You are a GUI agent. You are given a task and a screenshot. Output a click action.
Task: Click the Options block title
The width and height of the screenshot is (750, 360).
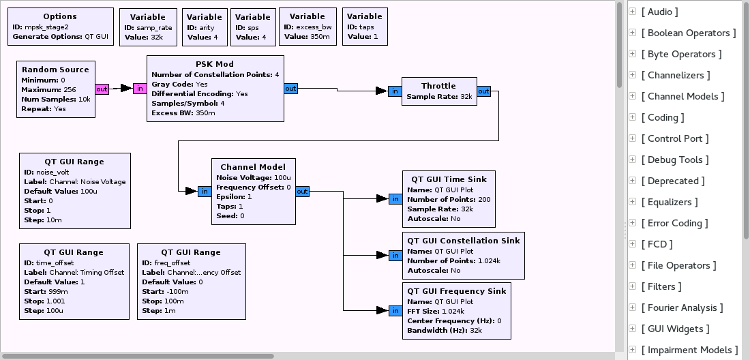coord(60,16)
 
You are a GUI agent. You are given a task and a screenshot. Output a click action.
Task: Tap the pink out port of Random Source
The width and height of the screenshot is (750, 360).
coord(102,89)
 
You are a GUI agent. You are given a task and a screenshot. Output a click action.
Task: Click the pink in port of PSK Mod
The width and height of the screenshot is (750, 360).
coord(139,89)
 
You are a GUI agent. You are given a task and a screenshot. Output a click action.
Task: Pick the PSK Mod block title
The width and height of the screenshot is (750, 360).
coord(215,65)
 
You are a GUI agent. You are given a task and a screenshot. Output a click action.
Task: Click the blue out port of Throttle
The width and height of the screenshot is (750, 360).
coord(483,91)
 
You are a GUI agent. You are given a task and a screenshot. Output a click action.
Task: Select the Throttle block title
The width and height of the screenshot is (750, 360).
coord(438,86)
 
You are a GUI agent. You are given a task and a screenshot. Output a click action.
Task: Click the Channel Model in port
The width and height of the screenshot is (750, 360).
coord(204,192)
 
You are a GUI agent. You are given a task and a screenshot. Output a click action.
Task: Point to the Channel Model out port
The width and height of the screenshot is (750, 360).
coord(302,192)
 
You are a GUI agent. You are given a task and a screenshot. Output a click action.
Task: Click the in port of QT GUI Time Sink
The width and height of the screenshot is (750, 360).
coord(395,199)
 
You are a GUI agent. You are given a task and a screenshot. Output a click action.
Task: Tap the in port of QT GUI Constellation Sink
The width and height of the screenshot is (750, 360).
coord(395,255)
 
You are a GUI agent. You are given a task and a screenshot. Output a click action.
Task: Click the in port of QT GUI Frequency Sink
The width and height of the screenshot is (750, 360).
coord(395,311)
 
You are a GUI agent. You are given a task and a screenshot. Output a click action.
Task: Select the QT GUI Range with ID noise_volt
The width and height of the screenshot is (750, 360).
coord(74,190)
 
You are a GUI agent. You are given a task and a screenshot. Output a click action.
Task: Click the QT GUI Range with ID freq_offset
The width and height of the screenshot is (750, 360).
coord(191,281)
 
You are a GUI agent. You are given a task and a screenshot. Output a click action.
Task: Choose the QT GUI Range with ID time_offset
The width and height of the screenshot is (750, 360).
coord(74,281)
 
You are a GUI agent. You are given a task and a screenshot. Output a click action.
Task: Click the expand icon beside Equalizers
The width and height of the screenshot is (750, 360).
coord(633,202)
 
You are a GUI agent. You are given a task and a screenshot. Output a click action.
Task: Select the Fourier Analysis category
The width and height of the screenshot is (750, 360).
coord(682,307)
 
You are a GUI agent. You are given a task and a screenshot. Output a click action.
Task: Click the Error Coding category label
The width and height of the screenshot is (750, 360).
coord(674,223)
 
